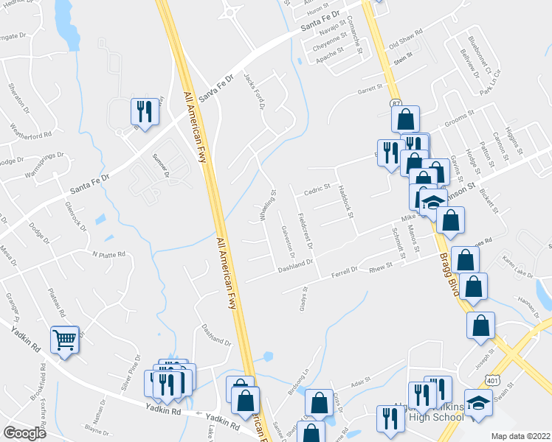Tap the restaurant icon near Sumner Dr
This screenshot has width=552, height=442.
[144, 112]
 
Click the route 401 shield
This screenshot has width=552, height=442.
[491, 379]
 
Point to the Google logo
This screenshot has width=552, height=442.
[25, 432]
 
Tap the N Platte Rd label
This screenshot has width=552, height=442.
[108, 254]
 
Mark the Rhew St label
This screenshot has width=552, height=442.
[379, 272]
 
